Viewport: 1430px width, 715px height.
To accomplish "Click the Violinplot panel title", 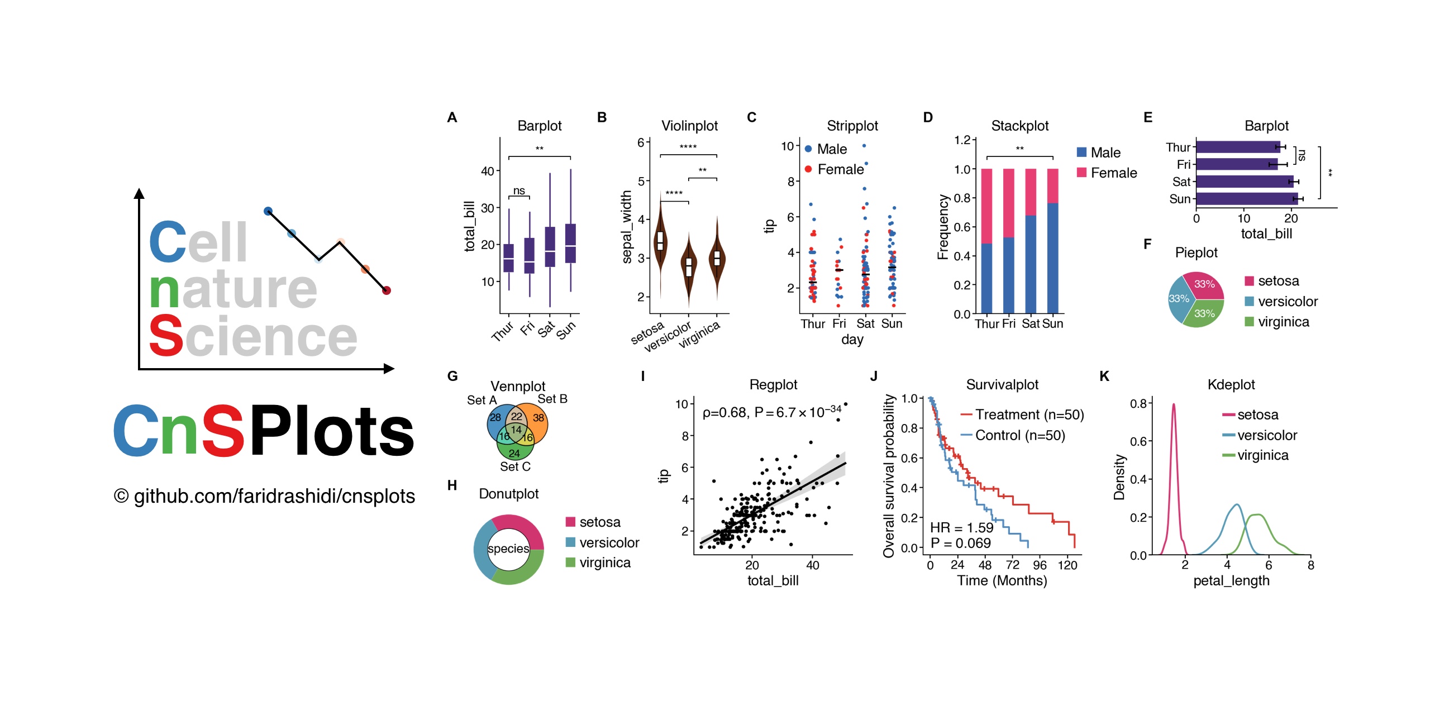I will click(x=689, y=126).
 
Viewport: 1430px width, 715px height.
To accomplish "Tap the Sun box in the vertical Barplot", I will click(x=570, y=243).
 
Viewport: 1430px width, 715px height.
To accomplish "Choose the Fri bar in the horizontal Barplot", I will click(x=1236, y=164).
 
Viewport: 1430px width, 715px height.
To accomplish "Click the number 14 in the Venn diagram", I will click(x=516, y=430).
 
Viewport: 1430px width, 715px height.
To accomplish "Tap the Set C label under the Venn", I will click(x=515, y=466).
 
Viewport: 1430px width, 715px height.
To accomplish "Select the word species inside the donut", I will click(x=508, y=549).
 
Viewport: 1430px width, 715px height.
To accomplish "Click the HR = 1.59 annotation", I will click(x=961, y=527).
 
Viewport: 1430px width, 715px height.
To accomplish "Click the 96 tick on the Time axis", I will click(x=1040, y=565).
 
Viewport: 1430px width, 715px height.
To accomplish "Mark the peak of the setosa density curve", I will click(x=1174, y=404).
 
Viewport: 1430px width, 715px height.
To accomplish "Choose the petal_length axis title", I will click(x=1231, y=580).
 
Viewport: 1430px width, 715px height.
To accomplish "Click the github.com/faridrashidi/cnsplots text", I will click(x=274, y=496).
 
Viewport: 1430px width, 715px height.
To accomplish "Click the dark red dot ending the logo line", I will click(x=387, y=290).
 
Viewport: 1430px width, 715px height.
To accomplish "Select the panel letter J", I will click(x=874, y=376).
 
